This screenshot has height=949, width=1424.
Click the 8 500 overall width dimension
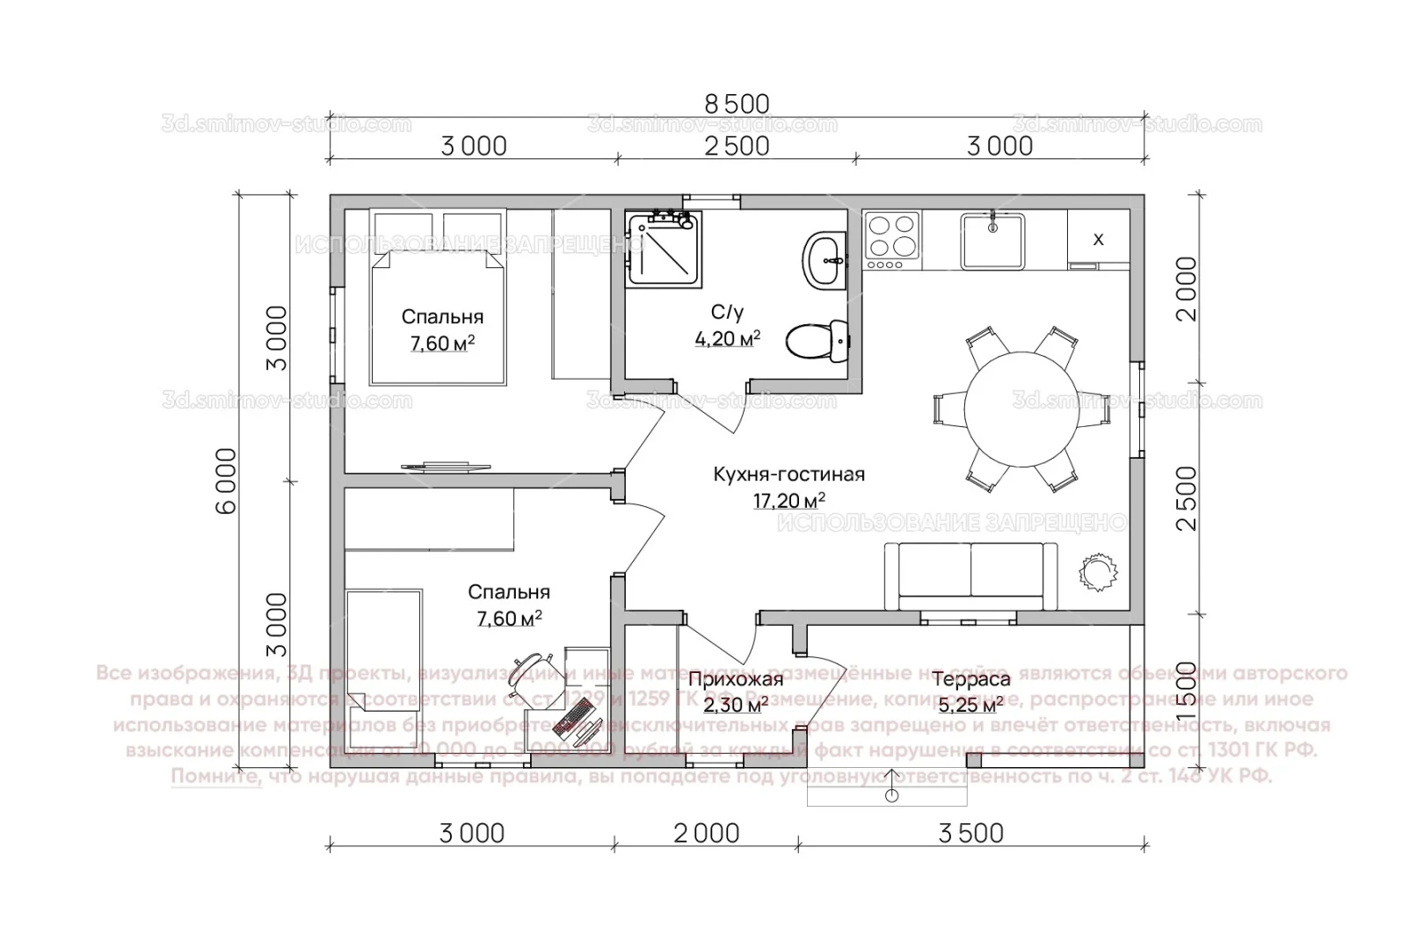tap(737, 104)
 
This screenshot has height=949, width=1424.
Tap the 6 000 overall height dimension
tap(226, 481)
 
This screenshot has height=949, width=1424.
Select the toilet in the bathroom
tap(817, 340)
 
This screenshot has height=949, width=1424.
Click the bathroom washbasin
tap(824, 259)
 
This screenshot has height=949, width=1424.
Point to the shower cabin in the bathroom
tap(664, 250)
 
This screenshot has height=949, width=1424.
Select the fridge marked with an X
tap(1098, 239)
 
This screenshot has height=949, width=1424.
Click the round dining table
tap(1020, 409)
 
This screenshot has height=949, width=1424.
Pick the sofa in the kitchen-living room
tap(971, 576)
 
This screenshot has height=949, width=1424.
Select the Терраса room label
tap(971, 679)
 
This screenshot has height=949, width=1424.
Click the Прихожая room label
tap(735, 679)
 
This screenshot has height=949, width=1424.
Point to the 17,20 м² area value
tap(788, 502)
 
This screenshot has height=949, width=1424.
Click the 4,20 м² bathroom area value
tap(727, 338)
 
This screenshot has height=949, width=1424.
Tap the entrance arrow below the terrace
tap(892, 786)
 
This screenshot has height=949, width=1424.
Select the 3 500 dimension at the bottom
tap(971, 833)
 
